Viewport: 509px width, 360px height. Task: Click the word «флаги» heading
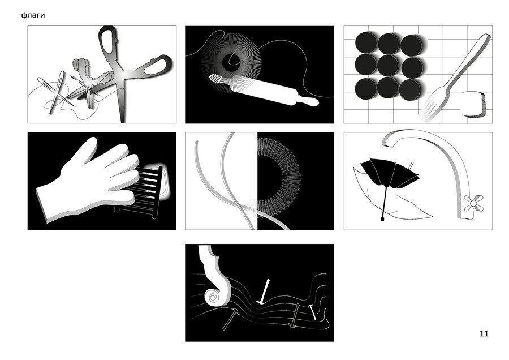(x=33, y=15)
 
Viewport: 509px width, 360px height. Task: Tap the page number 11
(x=484, y=334)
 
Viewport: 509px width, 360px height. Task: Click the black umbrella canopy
(x=390, y=173)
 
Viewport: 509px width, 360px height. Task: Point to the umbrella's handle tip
(x=382, y=219)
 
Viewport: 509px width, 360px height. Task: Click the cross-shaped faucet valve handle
(x=473, y=203)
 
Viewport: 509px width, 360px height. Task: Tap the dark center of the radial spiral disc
(x=231, y=63)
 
